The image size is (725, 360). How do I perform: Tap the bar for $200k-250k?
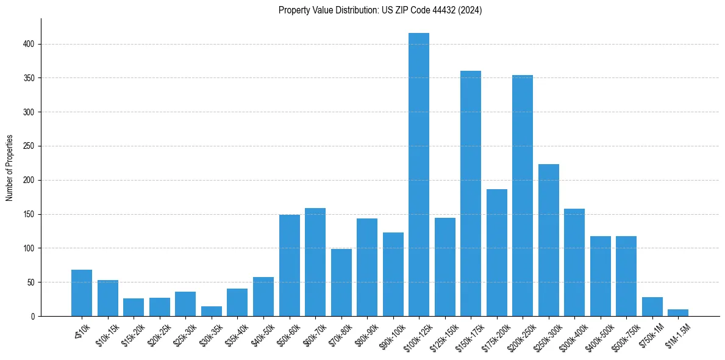(x=523, y=195)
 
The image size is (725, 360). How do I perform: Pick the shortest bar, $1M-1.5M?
(x=678, y=313)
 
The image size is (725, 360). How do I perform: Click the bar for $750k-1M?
(x=652, y=307)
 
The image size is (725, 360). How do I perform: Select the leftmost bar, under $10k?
(x=82, y=293)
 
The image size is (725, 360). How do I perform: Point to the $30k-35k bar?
(x=212, y=311)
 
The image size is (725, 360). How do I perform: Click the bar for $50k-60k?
(x=290, y=265)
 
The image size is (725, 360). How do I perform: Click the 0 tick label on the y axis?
(x=34, y=317)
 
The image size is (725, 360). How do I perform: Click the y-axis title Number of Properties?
(x=10, y=168)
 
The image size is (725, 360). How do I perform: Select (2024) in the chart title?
(x=470, y=10)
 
